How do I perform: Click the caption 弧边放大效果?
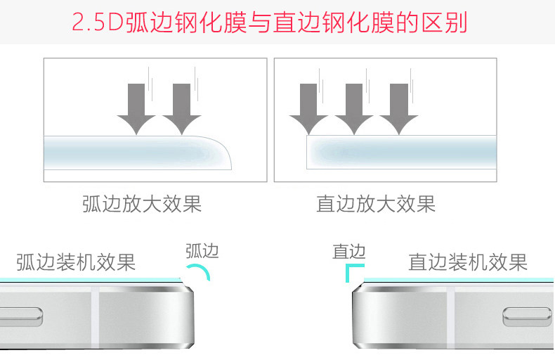[x=142, y=205]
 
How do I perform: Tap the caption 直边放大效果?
[x=376, y=205]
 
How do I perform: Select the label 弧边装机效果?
[x=76, y=262]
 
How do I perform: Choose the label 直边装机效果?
[x=468, y=262]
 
